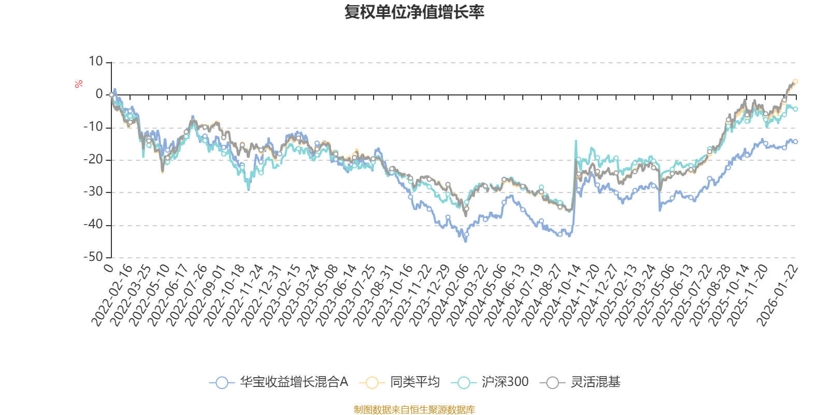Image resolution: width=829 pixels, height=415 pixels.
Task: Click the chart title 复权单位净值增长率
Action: (x=414, y=12)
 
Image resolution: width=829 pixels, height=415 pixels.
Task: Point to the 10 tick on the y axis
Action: (x=96, y=62)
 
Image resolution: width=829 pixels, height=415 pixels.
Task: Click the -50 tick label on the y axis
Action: (x=93, y=257)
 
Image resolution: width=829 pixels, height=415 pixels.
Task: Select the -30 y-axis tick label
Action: (x=93, y=192)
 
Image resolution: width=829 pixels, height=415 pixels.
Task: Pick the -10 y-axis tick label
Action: (x=93, y=127)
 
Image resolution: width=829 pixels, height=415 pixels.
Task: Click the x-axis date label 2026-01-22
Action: (x=777, y=296)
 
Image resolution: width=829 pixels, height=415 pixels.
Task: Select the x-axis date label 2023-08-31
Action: (x=372, y=296)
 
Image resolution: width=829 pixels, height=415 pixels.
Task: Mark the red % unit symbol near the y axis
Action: (x=79, y=84)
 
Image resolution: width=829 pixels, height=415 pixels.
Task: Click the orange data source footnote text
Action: (x=414, y=410)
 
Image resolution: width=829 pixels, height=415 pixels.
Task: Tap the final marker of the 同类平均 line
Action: (x=796, y=81)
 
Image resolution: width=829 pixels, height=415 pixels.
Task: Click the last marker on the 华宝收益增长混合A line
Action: (x=796, y=142)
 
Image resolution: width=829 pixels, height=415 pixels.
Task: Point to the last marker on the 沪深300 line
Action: (x=796, y=109)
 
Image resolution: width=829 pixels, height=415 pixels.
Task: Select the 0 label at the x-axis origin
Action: (x=108, y=268)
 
